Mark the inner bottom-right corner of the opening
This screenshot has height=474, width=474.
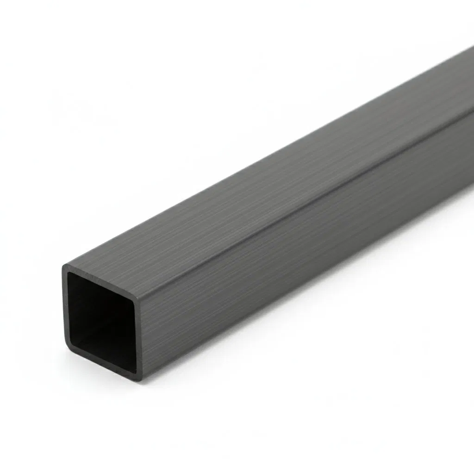[134, 368]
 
